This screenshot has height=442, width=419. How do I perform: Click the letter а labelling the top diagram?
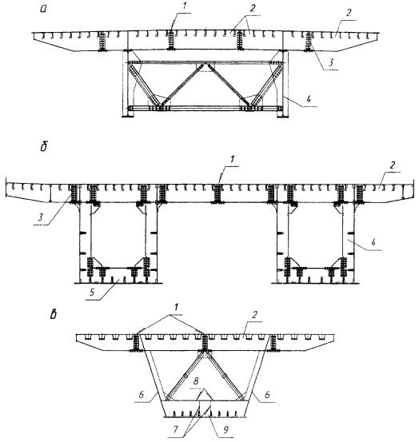pos(44,9)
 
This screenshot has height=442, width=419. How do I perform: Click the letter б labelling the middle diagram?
pos(44,146)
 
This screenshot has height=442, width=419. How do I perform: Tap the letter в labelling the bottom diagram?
pos(53,314)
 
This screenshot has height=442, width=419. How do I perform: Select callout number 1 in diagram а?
pos(184,6)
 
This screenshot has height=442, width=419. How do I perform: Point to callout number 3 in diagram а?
pos(331,62)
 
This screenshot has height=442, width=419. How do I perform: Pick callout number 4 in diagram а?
pos(309,99)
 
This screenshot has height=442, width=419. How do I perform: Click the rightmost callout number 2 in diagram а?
pos(349,13)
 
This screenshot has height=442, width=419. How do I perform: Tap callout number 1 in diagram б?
pos(232,160)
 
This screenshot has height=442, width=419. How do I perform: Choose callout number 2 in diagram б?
pos(392,165)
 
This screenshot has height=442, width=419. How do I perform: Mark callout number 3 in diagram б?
pos(41,217)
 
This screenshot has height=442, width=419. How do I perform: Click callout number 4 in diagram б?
pos(373,242)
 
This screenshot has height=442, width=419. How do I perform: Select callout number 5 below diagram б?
pos(92,293)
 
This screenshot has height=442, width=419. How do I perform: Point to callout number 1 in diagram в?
pos(177,307)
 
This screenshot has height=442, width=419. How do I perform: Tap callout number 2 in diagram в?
pos(254,314)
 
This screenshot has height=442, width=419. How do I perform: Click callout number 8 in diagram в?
pos(196,381)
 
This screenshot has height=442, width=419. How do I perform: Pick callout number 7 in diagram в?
pos(175,429)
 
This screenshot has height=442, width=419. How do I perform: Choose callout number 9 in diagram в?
pos(225,430)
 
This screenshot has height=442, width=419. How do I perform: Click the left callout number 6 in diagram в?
pos(142,395)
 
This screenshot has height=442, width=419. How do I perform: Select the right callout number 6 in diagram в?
pos(267,395)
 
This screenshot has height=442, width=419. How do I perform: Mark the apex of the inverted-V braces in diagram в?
pos(205,352)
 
